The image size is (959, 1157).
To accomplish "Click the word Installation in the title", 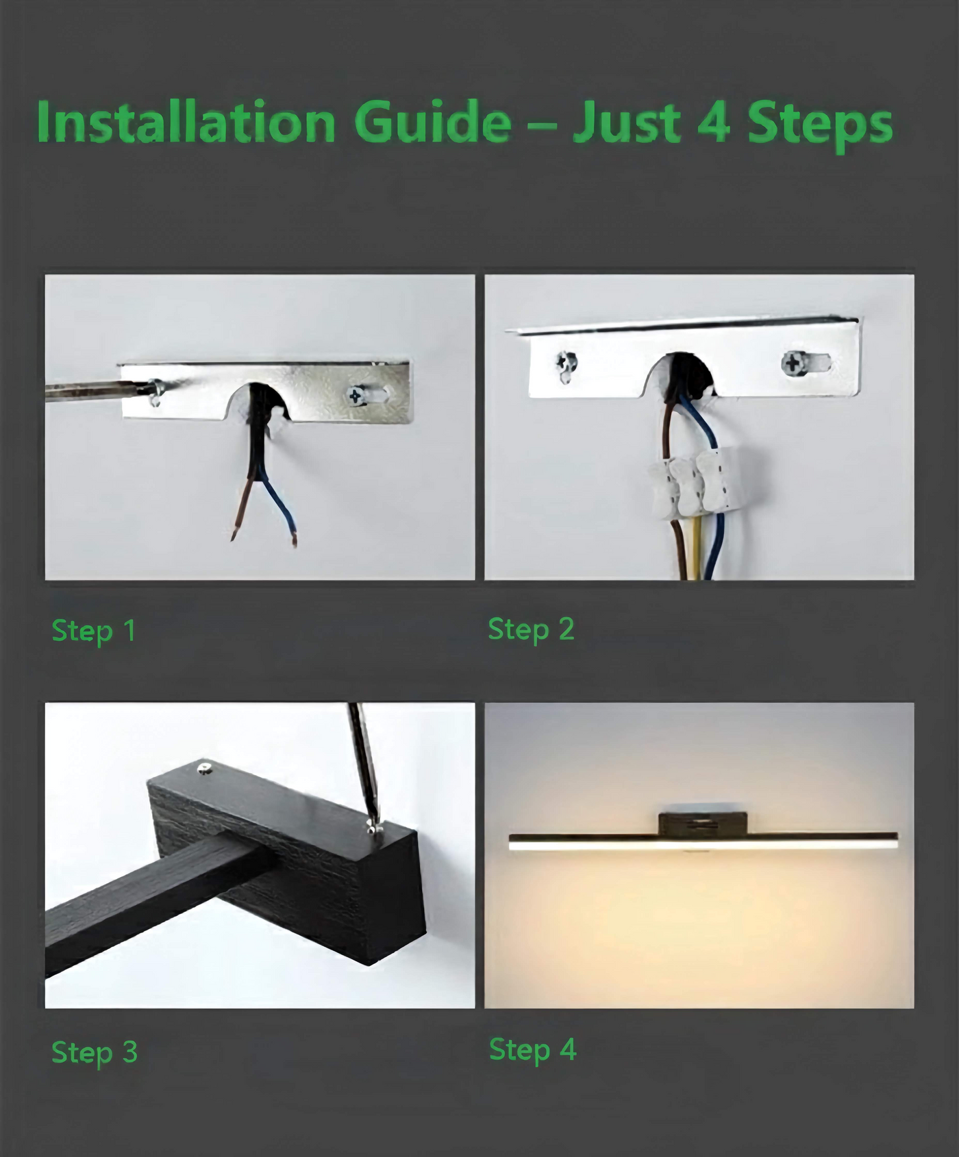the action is [186, 122].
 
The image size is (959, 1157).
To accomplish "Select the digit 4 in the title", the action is [712, 123].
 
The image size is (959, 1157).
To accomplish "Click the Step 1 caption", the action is [94, 631].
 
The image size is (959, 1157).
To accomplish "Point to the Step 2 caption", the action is [531, 630].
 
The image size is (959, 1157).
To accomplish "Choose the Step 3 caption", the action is [95, 1053].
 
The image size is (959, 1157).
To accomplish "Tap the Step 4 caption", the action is [532, 1050].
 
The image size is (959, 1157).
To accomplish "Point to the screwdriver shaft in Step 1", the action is [96, 391].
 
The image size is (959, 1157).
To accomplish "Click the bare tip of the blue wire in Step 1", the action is [295, 540].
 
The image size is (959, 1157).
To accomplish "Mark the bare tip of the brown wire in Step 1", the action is [234, 534].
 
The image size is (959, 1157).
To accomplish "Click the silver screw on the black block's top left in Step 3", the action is [204, 769].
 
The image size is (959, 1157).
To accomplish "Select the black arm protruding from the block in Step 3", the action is [151, 904].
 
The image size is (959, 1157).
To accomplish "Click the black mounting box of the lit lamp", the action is [703, 823].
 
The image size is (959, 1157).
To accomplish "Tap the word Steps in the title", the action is [820, 124].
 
